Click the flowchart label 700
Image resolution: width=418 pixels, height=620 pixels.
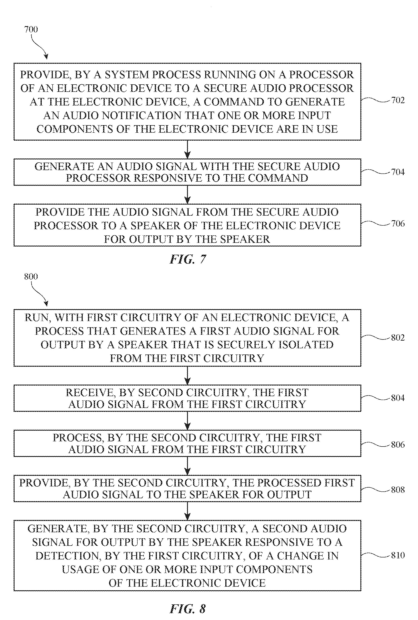click(x=31, y=29)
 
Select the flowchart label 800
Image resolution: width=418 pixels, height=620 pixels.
click(x=31, y=276)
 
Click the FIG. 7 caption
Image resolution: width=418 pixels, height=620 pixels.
click(x=188, y=259)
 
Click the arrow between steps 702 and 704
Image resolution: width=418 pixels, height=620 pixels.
click(x=188, y=149)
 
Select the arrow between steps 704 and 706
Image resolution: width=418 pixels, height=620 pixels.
click(x=188, y=195)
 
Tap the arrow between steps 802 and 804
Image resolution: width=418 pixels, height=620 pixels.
click(x=188, y=376)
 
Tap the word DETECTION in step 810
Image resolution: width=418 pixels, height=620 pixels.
click(x=68, y=556)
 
